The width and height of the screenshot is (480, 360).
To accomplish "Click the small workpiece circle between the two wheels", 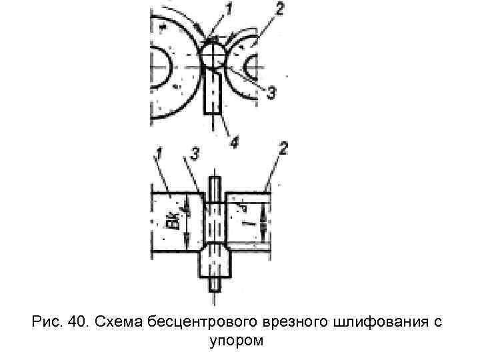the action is pos(213,55).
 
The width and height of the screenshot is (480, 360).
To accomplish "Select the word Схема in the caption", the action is pos(117,323).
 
